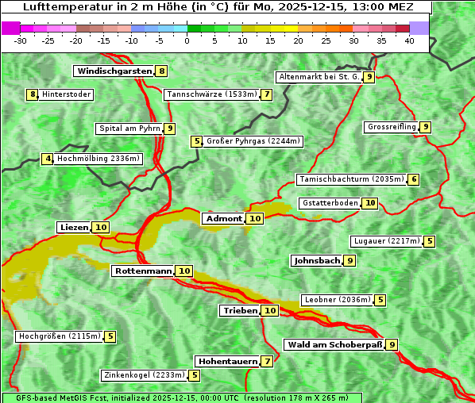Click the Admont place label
(x=224, y=218)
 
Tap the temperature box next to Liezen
(x=101, y=228)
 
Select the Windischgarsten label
(x=114, y=71)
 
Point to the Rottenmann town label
(x=143, y=271)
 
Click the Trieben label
(x=240, y=311)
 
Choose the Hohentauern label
(x=228, y=362)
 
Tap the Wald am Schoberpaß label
(x=334, y=344)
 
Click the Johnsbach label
(x=317, y=260)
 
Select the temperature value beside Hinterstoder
(x=33, y=94)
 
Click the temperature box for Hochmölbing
(x=48, y=159)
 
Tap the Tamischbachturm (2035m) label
(x=351, y=179)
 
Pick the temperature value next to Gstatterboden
(x=370, y=203)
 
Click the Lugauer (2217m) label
(x=387, y=241)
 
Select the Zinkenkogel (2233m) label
(x=144, y=375)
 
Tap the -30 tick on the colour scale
(x=21, y=40)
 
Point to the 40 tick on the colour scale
(x=409, y=40)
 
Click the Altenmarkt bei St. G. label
(x=319, y=77)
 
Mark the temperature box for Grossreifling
(x=426, y=127)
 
